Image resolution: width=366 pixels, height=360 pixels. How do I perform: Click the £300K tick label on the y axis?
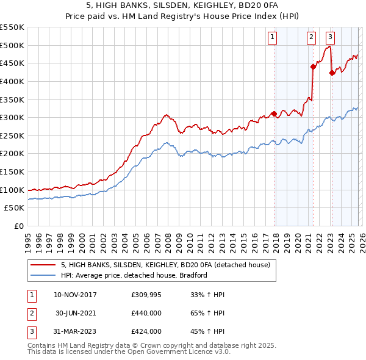tap(12, 117)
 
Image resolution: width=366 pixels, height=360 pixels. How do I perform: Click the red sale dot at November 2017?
tap(274, 113)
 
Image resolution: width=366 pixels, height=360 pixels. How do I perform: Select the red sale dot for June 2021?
tap(313, 67)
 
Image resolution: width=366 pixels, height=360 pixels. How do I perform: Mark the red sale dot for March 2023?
tap(332, 73)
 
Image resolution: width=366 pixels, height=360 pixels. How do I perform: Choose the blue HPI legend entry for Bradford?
tap(134, 275)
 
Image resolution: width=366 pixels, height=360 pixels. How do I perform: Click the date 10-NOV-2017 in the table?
tap(75, 295)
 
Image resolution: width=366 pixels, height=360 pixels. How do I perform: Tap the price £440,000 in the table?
tap(146, 313)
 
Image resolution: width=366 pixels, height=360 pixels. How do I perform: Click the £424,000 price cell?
tap(146, 331)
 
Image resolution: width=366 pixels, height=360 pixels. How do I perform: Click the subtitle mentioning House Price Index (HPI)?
tap(183, 17)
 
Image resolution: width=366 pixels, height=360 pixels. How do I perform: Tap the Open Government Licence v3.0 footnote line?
tap(129, 353)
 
